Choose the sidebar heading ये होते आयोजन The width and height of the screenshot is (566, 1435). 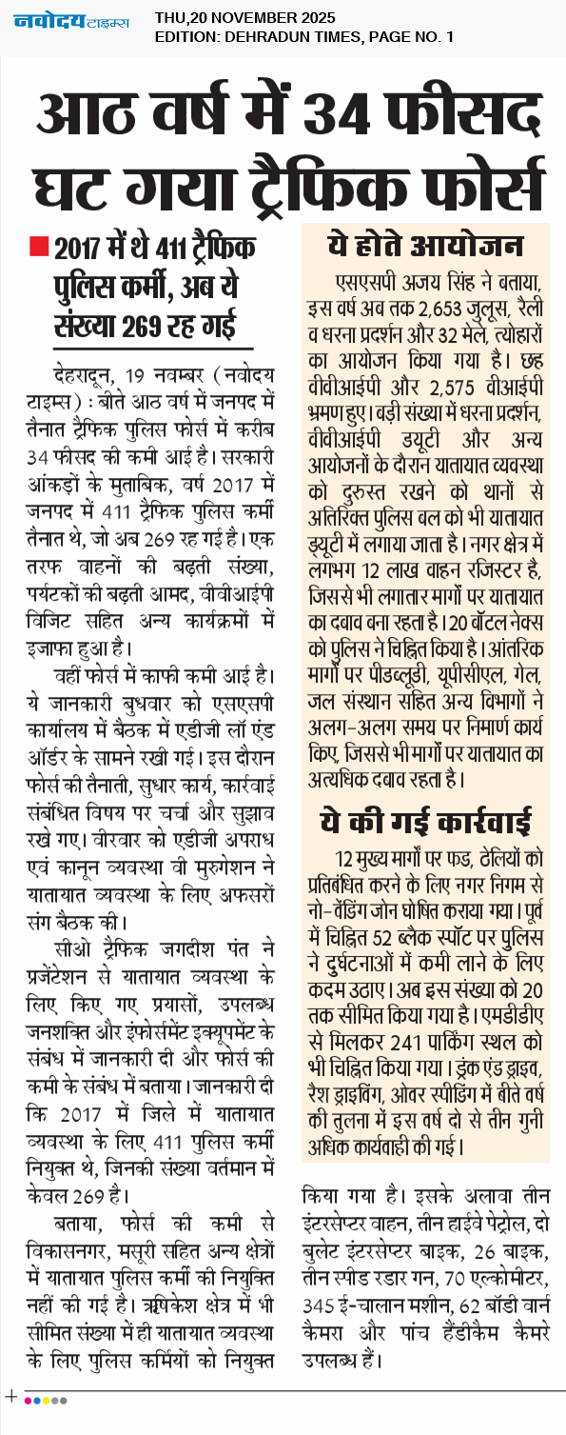pyautogui.click(x=424, y=246)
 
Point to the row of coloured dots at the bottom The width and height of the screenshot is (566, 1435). pyautogui.click(x=46, y=1400)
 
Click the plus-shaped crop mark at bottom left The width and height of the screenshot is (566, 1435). pyautogui.click(x=11, y=1396)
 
